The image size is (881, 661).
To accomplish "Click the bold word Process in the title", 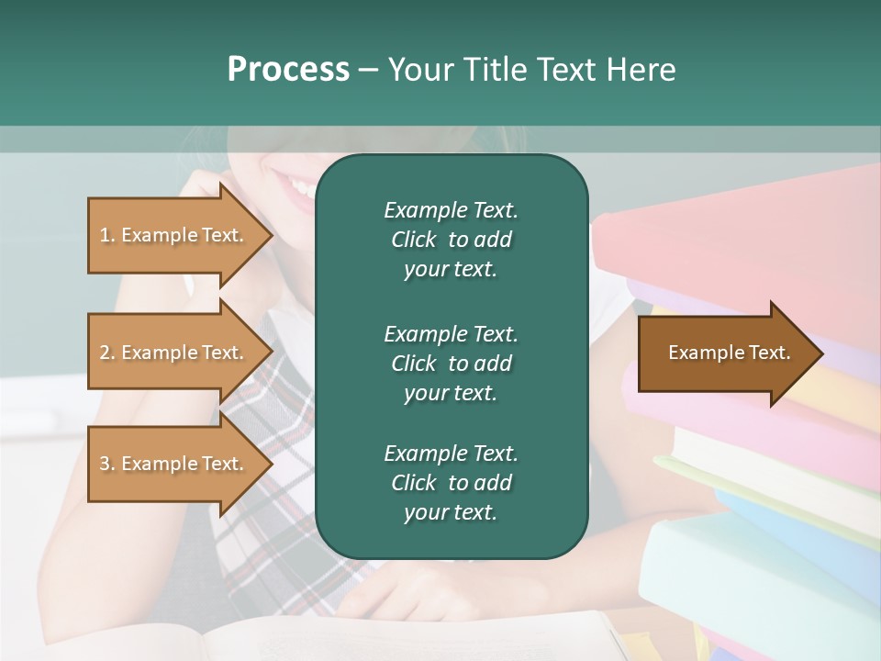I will [x=288, y=70].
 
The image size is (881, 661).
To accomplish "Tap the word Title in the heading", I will [x=496, y=70].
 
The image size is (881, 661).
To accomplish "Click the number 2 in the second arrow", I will [x=105, y=353].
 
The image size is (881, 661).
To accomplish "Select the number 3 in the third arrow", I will [x=105, y=464].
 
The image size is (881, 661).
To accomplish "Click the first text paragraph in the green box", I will [x=451, y=240].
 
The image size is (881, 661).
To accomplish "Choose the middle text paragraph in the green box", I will [x=451, y=364].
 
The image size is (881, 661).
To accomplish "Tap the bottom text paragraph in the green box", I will [x=451, y=483].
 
